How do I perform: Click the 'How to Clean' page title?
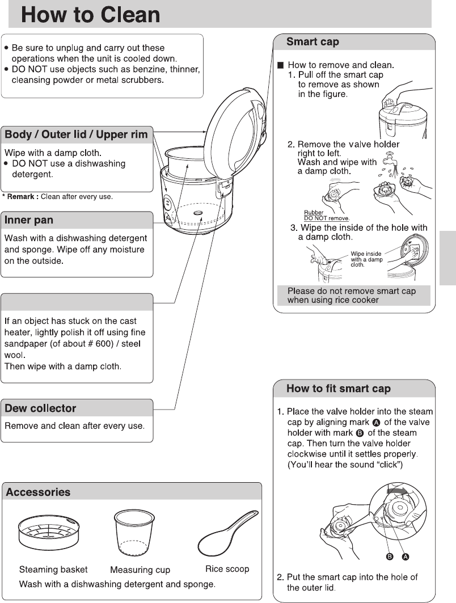[x=91, y=14]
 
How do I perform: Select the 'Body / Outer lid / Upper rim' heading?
[x=77, y=134]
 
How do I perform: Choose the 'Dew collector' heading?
[x=40, y=408]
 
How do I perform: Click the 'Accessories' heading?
[x=38, y=492]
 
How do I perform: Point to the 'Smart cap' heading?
[x=313, y=41]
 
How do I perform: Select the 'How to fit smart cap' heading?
[x=338, y=389]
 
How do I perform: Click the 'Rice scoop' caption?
[x=227, y=568]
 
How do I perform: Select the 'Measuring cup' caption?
[x=140, y=570]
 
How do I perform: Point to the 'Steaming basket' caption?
[x=53, y=569]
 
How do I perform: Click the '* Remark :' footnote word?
[x=20, y=197]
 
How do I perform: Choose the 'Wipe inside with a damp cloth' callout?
[x=366, y=259]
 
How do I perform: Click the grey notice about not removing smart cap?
[x=352, y=295]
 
